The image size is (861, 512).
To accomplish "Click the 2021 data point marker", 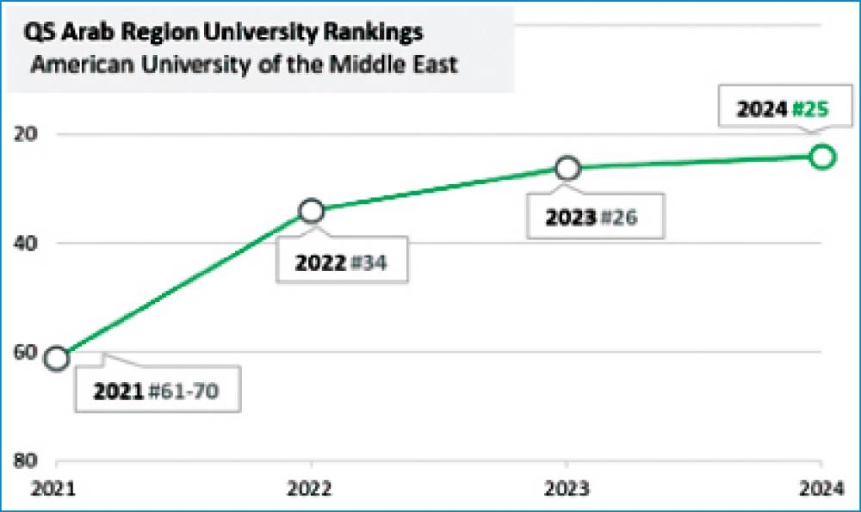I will (57, 359).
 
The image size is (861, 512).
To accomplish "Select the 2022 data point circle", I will (312, 211).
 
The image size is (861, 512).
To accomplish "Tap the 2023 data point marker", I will (567, 169).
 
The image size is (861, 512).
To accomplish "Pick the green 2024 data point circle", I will (823, 157).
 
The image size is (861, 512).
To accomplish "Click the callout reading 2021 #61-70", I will (156, 392).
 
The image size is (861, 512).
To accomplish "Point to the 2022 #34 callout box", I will (341, 262).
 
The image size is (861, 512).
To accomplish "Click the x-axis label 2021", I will (54, 489).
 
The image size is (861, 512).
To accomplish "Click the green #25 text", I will (811, 109).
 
